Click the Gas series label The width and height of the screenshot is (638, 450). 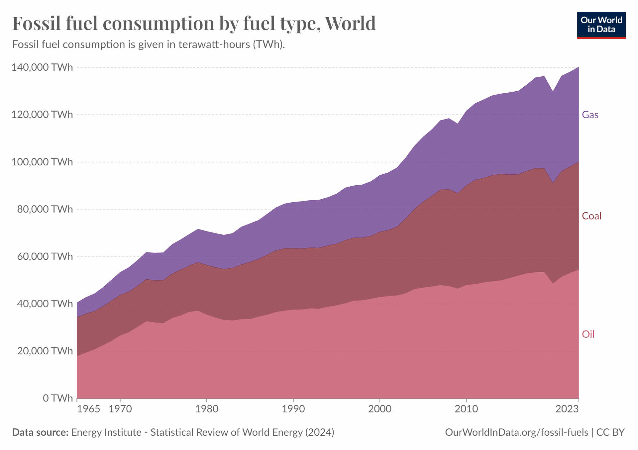(x=590, y=115)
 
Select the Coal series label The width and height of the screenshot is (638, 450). (x=591, y=216)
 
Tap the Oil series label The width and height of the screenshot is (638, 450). (x=588, y=334)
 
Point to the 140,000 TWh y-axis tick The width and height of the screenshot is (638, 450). (x=42, y=67)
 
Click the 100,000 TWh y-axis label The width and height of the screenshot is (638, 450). (x=42, y=162)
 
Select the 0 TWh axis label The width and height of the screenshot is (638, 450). (x=57, y=398)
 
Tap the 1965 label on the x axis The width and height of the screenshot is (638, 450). (x=88, y=409)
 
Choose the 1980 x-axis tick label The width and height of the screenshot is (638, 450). (x=207, y=409)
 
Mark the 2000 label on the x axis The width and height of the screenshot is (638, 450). (x=379, y=409)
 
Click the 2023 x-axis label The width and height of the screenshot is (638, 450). (x=567, y=409)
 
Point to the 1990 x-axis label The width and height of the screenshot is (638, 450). (x=293, y=409)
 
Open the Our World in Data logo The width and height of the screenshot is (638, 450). (x=601, y=25)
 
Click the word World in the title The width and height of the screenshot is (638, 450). (x=350, y=23)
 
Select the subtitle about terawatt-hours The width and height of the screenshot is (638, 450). (x=149, y=45)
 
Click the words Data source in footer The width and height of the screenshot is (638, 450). (x=40, y=432)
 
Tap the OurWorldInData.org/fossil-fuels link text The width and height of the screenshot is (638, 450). (x=516, y=432)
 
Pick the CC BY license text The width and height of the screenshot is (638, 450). (x=610, y=432)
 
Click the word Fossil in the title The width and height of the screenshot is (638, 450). (x=37, y=23)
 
